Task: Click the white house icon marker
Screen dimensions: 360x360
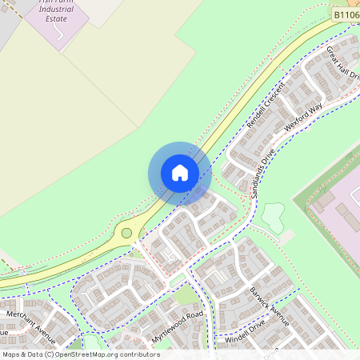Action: [180, 173]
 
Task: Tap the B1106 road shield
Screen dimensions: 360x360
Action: [345, 14]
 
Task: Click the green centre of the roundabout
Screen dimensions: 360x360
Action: [126, 234]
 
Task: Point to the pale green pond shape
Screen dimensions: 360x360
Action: [274, 214]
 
